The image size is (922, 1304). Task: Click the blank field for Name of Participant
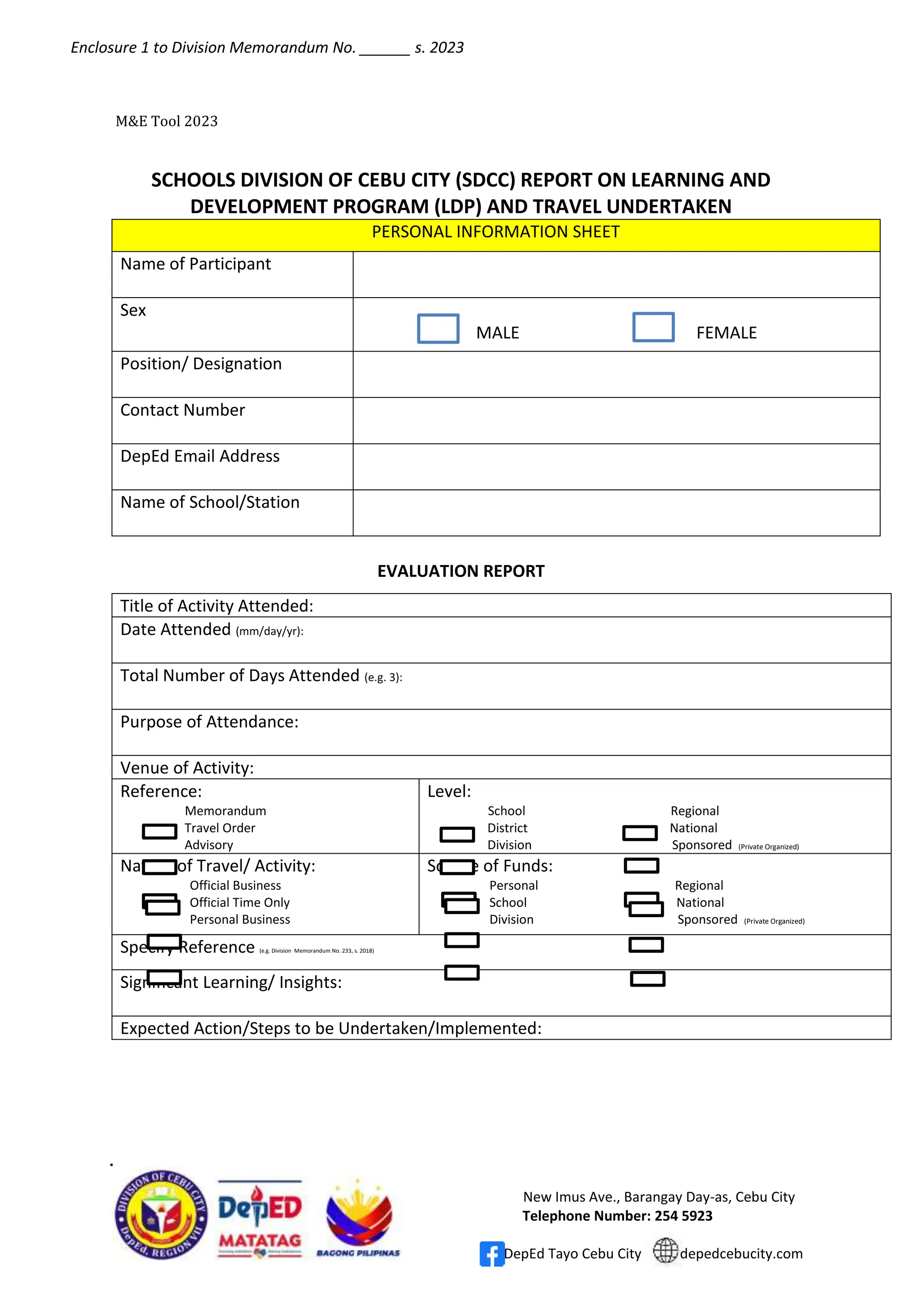coord(616,274)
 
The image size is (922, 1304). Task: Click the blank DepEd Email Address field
coord(616,466)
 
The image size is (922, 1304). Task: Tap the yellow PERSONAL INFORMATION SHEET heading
coord(495,232)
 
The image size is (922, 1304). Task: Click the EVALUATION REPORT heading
coord(461,571)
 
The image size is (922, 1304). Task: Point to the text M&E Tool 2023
coord(166,121)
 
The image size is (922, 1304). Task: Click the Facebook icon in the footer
coord(491,1254)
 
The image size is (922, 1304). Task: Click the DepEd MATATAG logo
coord(260,1219)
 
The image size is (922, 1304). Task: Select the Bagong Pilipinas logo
coord(358,1219)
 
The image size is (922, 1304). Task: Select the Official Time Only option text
coord(240,902)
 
